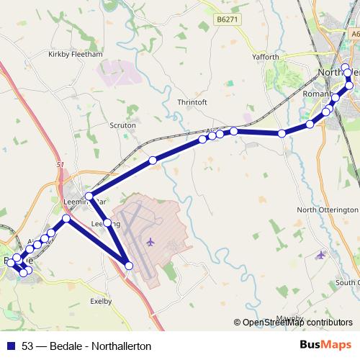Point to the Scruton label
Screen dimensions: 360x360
coord(122,125)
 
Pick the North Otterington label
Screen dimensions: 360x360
coord(328,210)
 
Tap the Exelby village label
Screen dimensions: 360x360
coord(101,301)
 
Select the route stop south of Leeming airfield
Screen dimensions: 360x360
coord(130,266)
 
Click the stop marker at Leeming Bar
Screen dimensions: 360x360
coord(89,196)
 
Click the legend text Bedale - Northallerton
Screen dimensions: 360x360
coord(101,346)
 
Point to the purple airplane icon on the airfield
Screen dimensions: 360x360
coord(150,241)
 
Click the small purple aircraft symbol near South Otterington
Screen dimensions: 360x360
coord(320,254)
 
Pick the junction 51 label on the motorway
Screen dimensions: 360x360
coord(60,165)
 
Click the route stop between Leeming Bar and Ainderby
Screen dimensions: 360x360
coord(153,161)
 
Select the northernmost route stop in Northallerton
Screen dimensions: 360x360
coord(346,68)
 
